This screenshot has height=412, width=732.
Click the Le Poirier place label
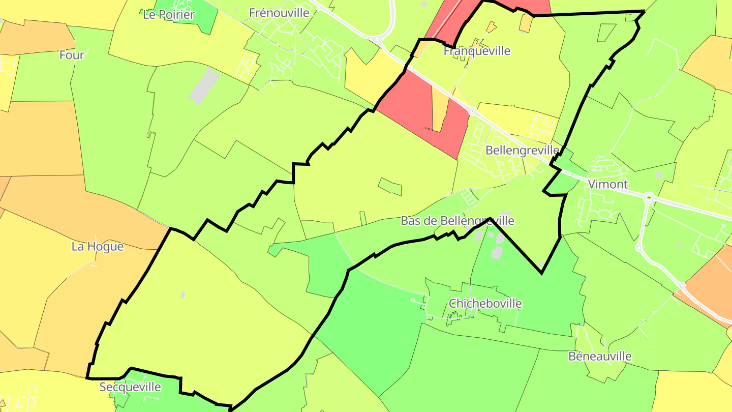coord(169,15)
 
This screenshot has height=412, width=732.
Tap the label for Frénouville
coord(279,13)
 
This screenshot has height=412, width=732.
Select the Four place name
coord(72,55)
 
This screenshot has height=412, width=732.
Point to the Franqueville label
coord(477,51)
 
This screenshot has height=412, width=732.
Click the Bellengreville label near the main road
coord(522,151)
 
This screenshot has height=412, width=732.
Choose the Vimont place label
coord(607,184)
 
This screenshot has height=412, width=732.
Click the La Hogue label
coord(97,247)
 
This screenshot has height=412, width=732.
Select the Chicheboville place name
coord(485,304)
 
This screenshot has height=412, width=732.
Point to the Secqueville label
coord(130,387)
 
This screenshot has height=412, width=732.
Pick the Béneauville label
coord(600,356)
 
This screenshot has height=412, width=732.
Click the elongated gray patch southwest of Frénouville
coord(204,85)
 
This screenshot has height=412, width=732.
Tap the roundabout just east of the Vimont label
coord(649,197)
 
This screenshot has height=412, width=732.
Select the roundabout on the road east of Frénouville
coord(377,39)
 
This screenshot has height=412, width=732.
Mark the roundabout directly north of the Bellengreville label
coord(472,110)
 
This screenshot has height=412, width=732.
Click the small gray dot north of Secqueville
coord(182,295)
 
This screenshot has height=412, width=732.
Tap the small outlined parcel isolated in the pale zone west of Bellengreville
coord(390,187)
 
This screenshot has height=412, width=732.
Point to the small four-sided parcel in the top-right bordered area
coord(606,33)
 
